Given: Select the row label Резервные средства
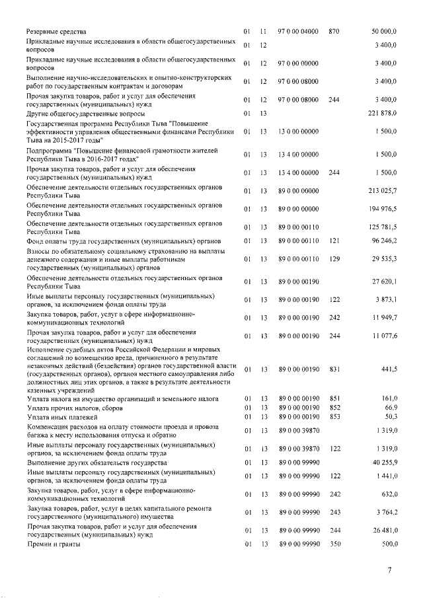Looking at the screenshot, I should [56, 32].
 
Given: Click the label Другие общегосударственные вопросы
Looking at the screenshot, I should [85, 114].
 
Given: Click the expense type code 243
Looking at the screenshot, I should [333, 511].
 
